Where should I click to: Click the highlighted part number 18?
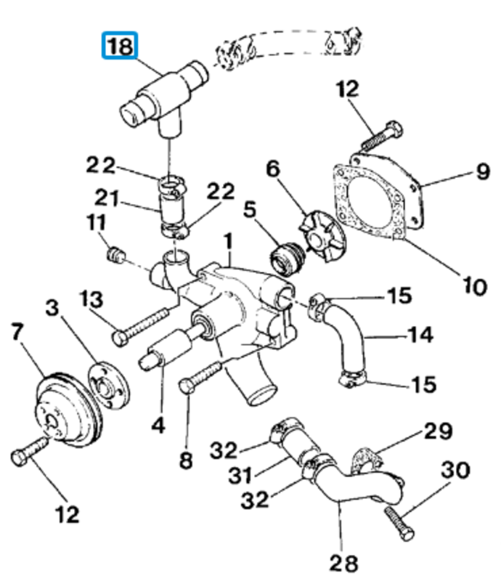pyautogui.click(x=119, y=47)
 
